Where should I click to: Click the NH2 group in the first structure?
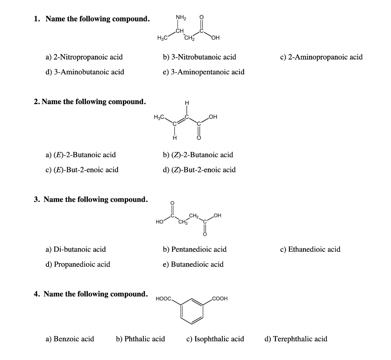point(181,17)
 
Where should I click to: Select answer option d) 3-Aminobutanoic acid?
point(85,72)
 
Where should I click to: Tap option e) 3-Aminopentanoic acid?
point(204,72)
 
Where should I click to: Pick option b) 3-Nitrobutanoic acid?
point(199,57)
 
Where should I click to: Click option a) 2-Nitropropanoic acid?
point(84,57)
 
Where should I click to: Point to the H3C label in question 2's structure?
point(158,117)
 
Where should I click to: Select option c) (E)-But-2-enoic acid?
point(82,170)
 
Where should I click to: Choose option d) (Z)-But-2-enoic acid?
point(199,170)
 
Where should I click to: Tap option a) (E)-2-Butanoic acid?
point(81,155)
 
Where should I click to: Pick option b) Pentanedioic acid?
point(195,249)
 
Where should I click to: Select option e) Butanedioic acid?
point(193,264)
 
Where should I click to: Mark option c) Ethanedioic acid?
point(310,249)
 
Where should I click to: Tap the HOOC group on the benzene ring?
point(164,299)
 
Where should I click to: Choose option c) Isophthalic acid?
point(215,339)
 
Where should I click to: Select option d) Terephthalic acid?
point(296,339)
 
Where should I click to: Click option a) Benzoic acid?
point(70,339)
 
